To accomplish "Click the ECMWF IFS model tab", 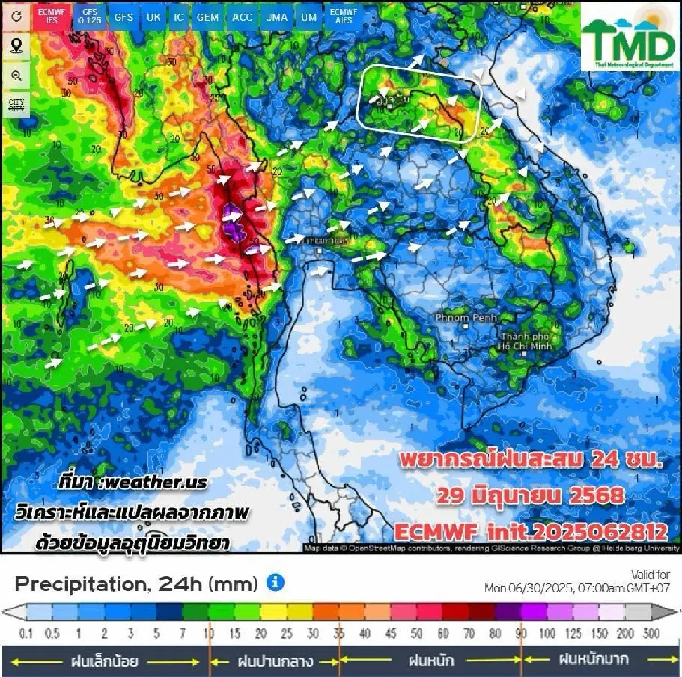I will pyautogui.click(x=52, y=16).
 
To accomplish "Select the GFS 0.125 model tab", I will pyautogui.click(x=90, y=16).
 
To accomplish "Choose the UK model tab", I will pyautogui.click(x=153, y=17).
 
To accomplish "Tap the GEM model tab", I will pyautogui.click(x=207, y=17).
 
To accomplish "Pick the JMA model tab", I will pyautogui.click(x=277, y=17).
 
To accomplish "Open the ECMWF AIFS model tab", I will pyautogui.click(x=344, y=16).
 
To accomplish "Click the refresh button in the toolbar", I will pyautogui.click(x=16, y=16).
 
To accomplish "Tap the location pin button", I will pyautogui.click(x=16, y=45).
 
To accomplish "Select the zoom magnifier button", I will pyautogui.click(x=16, y=76).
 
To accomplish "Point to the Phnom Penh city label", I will pyautogui.click(x=465, y=318).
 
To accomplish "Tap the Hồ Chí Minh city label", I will pyautogui.click(x=525, y=341).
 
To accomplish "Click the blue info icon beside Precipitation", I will pyautogui.click(x=275, y=582).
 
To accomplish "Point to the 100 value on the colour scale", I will pyautogui.click(x=547, y=633).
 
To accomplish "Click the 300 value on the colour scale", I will pyautogui.click(x=651, y=633).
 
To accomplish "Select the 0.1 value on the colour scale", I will pyautogui.click(x=26, y=633).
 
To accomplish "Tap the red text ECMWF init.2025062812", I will pyautogui.click(x=530, y=532).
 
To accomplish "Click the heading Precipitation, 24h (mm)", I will pyautogui.click(x=136, y=583).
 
